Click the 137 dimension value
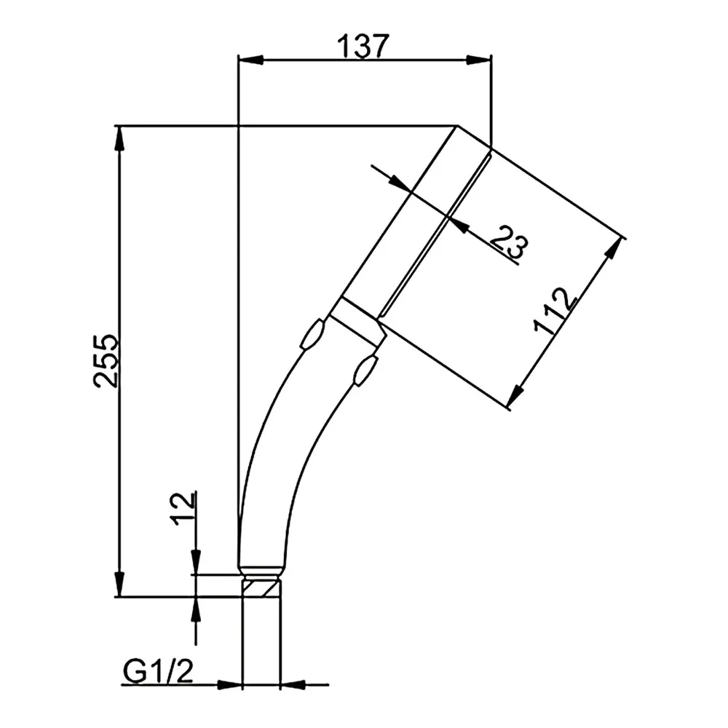click(x=362, y=47)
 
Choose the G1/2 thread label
click(x=158, y=671)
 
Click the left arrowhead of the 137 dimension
click(x=250, y=60)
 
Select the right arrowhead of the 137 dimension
click(x=478, y=60)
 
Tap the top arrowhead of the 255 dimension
click(x=120, y=138)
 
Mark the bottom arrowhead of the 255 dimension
click(x=120, y=584)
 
